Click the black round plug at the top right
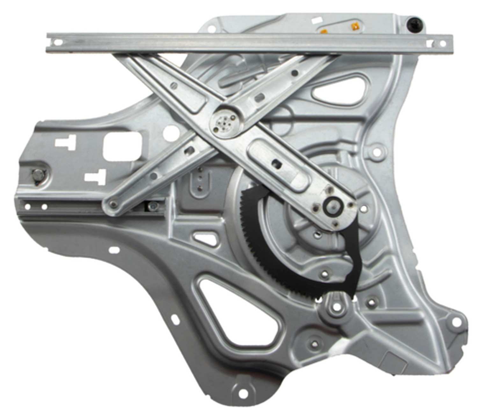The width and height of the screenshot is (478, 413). (414, 23)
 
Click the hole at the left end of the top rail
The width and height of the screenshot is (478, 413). (58, 42)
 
